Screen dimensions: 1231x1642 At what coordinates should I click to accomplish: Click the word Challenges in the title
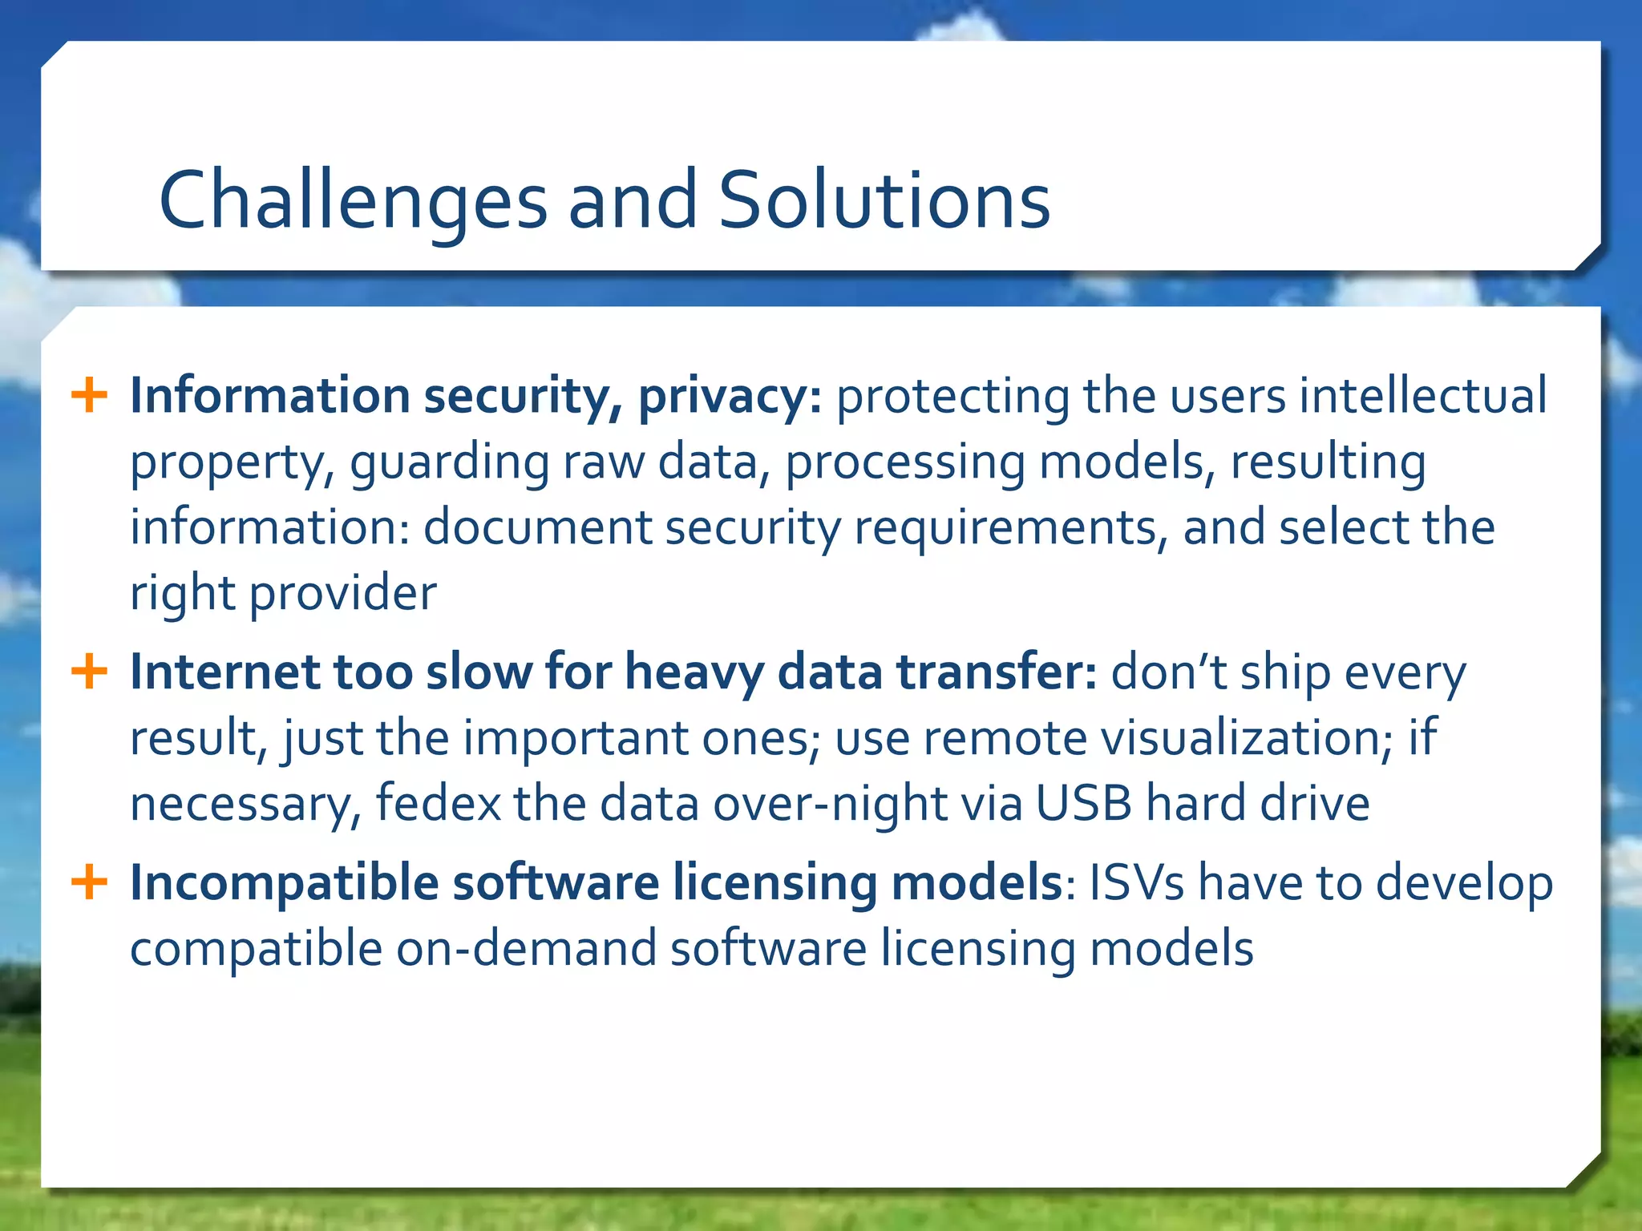click(353, 200)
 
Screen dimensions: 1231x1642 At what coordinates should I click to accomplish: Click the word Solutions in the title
click(884, 200)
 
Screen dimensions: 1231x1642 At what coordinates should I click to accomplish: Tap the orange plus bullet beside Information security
click(89, 396)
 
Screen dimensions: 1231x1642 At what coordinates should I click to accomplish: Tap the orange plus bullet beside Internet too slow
click(89, 671)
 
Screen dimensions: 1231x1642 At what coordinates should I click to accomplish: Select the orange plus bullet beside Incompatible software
click(89, 882)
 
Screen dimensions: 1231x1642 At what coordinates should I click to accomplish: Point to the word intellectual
click(1423, 396)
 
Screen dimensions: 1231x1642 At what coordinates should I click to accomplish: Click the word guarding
click(449, 464)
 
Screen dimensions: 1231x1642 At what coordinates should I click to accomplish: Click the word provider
click(343, 595)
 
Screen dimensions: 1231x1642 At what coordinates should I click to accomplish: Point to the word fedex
click(438, 804)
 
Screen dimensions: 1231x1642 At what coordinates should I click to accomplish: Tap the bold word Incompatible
click(284, 884)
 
